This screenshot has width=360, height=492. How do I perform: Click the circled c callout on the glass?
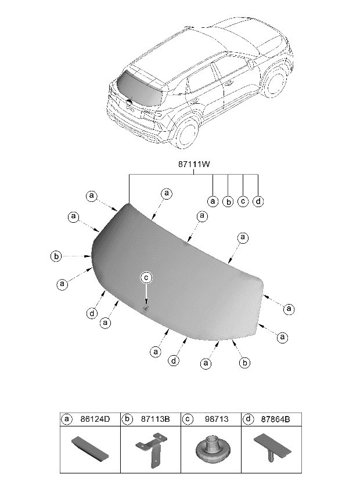pyautogui.click(x=147, y=278)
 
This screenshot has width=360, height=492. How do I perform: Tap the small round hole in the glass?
pyautogui.click(x=146, y=309)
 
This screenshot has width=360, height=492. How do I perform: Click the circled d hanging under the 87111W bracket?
pyautogui.click(x=258, y=201)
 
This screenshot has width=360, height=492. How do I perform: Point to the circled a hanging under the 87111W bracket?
pyautogui.click(x=213, y=201)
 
